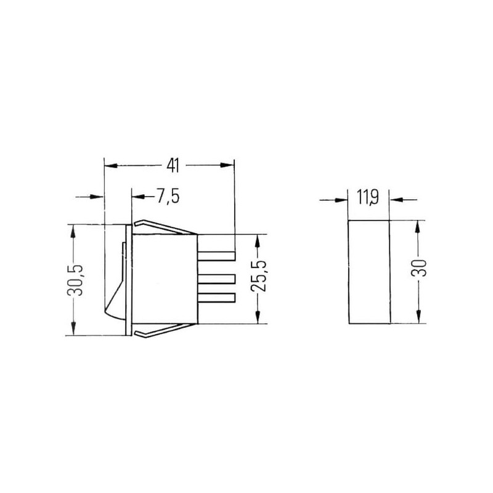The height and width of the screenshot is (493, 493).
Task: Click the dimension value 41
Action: tap(173, 165)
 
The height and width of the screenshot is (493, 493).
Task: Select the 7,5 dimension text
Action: tap(168, 197)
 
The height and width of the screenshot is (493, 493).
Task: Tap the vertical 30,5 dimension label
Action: tap(75, 280)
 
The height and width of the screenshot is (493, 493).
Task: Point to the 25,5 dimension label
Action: tap(259, 276)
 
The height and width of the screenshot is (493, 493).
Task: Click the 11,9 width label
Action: tap(367, 197)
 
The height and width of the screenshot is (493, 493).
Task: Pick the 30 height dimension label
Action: tap(418, 268)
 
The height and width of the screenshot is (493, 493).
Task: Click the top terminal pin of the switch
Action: tap(216, 256)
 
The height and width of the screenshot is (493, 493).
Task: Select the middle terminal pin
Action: tap(216, 279)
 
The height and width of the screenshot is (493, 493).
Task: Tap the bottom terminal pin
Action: tap(216, 298)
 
